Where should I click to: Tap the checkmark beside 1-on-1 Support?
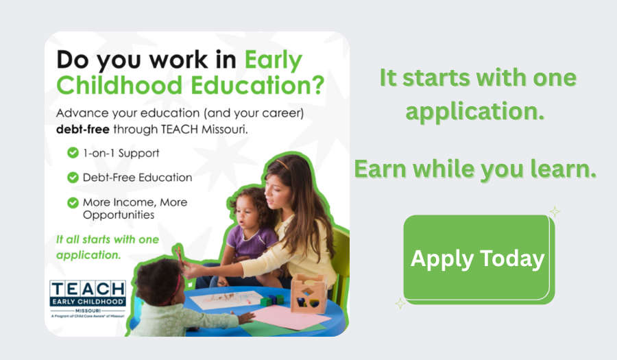(x=73, y=153)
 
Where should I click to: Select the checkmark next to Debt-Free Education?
(x=73, y=178)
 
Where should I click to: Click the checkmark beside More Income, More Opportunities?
(x=73, y=202)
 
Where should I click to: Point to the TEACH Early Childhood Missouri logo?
(x=88, y=299)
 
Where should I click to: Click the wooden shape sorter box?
(x=308, y=293)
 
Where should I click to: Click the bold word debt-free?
(x=83, y=129)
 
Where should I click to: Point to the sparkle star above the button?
(x=555, y=212)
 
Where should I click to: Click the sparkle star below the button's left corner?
(x=400, y=303)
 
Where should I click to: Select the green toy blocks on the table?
(x=272, y=300)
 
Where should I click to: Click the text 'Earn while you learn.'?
(x=475, y=169)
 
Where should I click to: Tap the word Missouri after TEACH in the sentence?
(x=225, y=129)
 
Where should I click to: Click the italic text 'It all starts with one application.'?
(x=108, y=247)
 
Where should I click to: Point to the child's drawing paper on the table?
(x=227, y=300)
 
